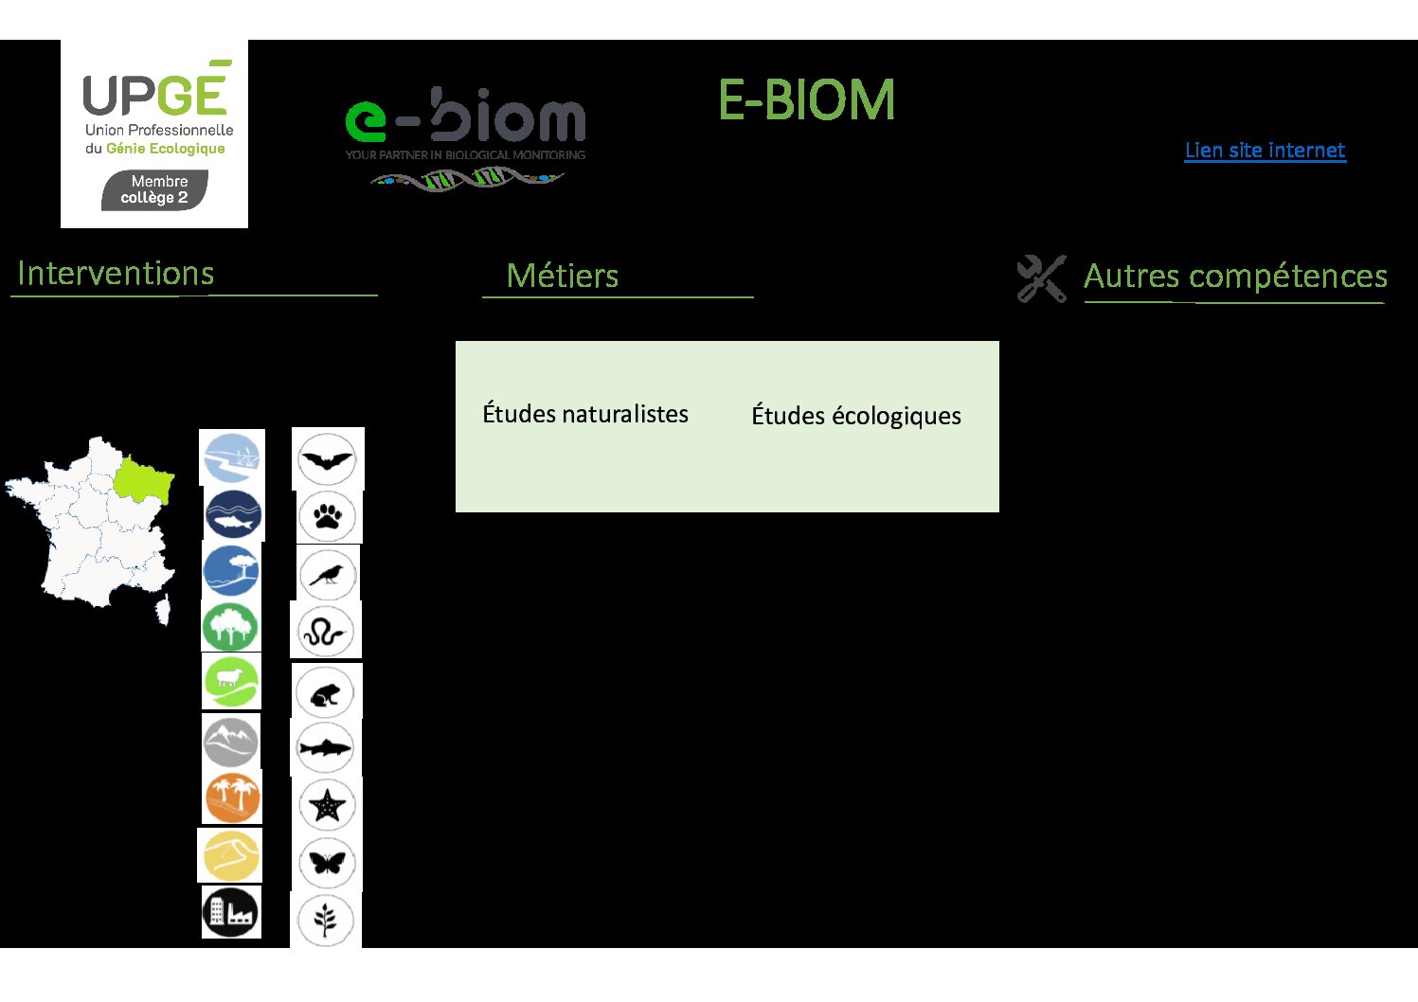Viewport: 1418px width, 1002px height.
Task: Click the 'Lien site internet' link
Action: [1265, 151]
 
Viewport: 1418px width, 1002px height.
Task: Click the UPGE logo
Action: [154, 134]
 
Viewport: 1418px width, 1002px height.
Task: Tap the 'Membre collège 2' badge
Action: [154, 190]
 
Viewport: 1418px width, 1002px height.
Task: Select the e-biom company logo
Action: [465, 138]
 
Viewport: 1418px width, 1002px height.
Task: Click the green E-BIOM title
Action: [806, 99]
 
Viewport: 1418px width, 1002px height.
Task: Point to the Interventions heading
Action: [116, 274]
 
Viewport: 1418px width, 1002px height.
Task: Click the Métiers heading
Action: [562, 276]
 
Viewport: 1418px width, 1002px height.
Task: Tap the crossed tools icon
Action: [1041, 278]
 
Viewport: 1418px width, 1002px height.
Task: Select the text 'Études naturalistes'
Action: [585, 414]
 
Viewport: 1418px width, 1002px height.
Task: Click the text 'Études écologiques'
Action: [856, 416]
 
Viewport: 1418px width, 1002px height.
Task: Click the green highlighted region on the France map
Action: [144, 478]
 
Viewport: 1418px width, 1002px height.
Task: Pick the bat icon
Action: [327, 459]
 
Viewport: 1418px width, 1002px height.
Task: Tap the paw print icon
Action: [328, 516]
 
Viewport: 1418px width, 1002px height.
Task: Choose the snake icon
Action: [326, 632]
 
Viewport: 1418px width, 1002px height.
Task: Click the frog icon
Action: [325, 693]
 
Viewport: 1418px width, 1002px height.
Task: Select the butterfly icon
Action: [328, 863]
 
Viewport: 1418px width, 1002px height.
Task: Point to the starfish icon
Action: [328, 805]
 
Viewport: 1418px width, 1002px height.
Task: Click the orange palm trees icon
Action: [232, 798]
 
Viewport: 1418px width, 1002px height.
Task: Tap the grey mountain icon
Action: [231, 742]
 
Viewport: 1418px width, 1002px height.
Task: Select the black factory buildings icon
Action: [231, 912]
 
